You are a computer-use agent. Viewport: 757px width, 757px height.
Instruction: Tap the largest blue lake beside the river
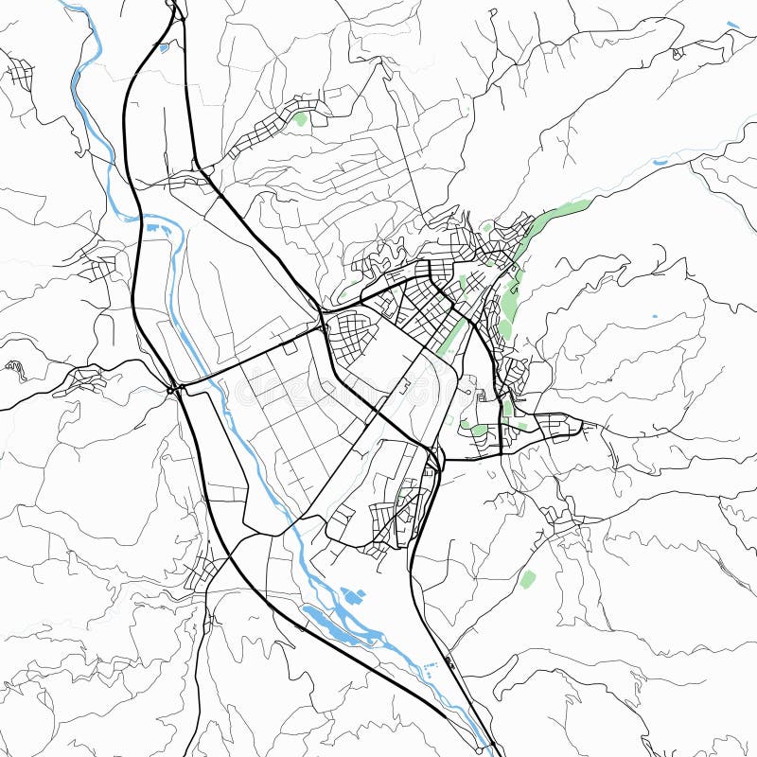click(331, 625)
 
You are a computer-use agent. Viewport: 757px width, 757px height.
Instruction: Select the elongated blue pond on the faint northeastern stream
click(660, 162)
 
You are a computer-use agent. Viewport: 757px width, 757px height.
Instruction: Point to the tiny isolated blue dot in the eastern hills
click(655, 315)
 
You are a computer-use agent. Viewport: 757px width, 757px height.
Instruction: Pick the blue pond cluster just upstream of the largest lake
click(353, 597)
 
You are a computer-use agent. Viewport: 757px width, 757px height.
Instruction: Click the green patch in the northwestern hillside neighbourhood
click(301, 119)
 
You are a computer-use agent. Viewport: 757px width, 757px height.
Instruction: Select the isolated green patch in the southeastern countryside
click(527, 578)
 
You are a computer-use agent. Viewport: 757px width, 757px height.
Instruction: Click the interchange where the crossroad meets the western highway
click(174, 387)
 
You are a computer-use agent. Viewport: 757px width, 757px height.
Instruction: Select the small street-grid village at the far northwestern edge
click(19, 72)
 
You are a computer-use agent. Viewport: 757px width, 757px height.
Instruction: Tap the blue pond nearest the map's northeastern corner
click(733, 25)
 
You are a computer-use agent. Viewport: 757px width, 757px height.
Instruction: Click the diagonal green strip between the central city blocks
click(450, 335)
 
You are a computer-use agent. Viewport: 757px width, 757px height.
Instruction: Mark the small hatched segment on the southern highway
click(449, 663)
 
